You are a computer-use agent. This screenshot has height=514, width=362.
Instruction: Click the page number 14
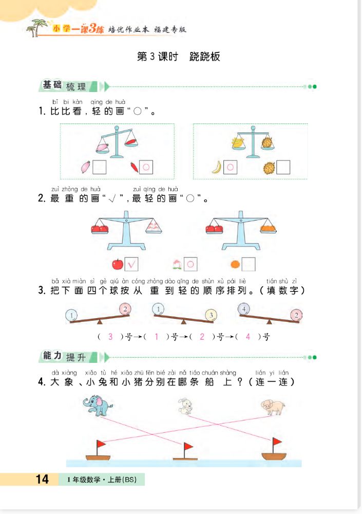pos(42,479)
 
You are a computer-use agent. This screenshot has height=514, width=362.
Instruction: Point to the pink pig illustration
pos(273,407)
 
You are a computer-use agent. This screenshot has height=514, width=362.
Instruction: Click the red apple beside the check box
pos(118,264)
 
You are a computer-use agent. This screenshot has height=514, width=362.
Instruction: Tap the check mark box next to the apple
pos(132,264)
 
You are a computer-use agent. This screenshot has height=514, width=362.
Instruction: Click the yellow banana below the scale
pos(217,167)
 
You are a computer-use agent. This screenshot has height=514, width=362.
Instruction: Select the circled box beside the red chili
pos(146,167)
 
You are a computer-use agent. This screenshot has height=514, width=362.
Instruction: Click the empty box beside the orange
pos(249,264)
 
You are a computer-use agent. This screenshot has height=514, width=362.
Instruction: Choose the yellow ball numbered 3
pos(211,315)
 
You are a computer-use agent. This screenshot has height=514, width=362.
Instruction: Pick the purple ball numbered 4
pos(244,309)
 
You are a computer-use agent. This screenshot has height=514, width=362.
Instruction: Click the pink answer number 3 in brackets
pos(110,337)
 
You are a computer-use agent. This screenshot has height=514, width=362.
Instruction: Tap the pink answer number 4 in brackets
pos(248,337)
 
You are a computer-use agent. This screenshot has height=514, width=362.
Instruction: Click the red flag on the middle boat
pos(188,446)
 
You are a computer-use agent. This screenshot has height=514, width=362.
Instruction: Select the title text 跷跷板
pos(205,57)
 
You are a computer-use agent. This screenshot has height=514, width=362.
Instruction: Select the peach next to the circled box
pos(177,264)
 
